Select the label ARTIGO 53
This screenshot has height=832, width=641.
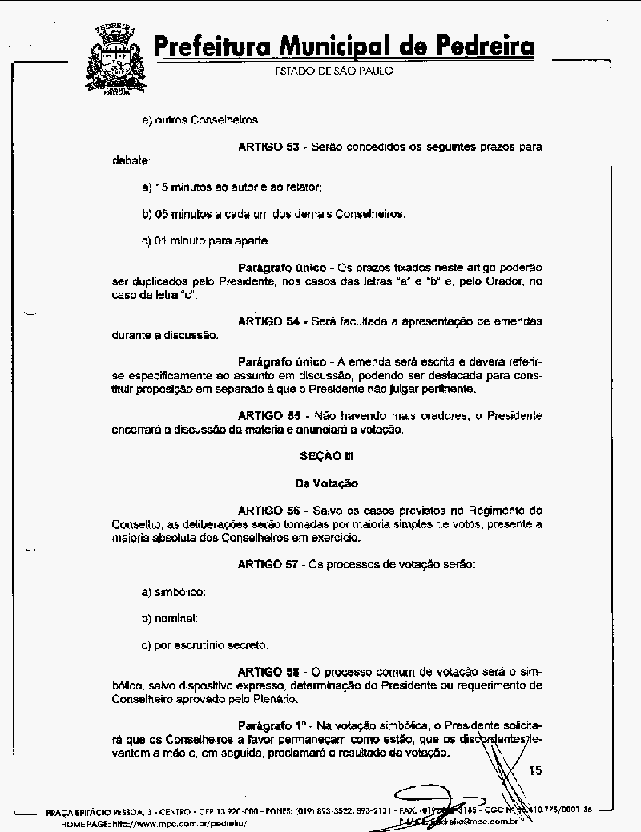pos(268,147)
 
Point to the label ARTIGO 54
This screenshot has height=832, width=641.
pos(268,321)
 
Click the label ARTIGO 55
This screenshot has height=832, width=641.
pos(268,416)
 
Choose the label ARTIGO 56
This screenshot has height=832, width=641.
pos(268,511)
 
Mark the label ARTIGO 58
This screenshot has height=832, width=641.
pos(268,671)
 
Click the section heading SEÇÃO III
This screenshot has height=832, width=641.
pos(326,456)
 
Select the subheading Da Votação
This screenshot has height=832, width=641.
pos(326,483)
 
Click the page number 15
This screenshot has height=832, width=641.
pos(535,771)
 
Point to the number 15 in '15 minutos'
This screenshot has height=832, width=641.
pos(160,188)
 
